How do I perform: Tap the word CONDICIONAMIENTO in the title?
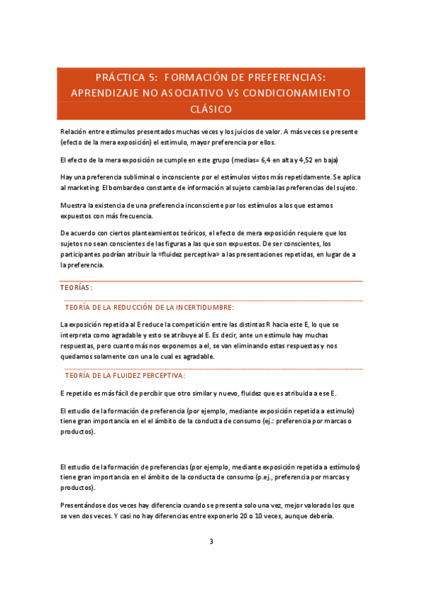[x=306, y=93]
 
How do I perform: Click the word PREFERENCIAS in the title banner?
[x=280, y=77]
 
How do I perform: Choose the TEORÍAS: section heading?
[x=76, y=288]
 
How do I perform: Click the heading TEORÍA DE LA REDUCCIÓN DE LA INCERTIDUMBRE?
[x=149, y=308]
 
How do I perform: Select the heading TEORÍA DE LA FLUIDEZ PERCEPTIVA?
[x=124, y=375]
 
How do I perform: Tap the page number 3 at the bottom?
[x=211, y=541]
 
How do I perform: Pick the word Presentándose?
[x=85, y=506]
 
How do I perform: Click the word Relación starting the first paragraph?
[x=74, y=132]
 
